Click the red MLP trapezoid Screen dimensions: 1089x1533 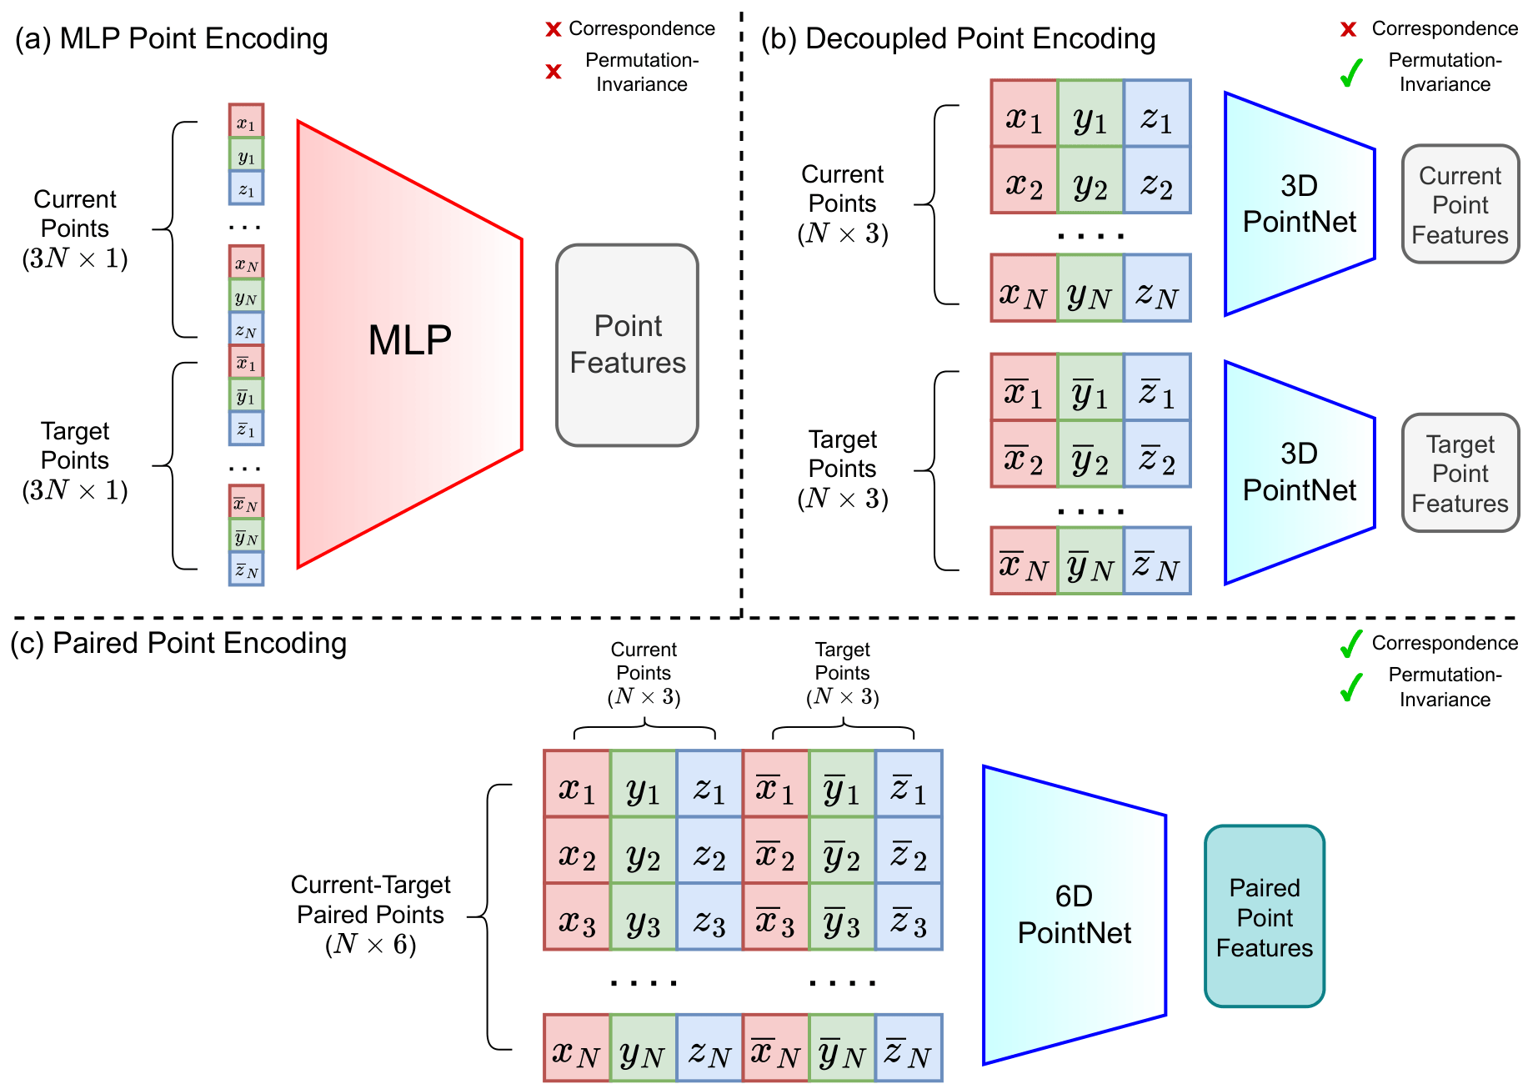pyautogui.click(x=408, y=342)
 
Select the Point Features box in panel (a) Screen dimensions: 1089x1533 pyautogui.click(x=627, y=344)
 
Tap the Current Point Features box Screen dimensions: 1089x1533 pyautogui.click(x=1460, y=204)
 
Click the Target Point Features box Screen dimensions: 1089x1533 pyautogui.click(x=1460, y=473)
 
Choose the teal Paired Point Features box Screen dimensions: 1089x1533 pyautogui.click(x=1264, y=916)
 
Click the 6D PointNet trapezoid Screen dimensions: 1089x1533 pyautogui.click(x=1074, y=915)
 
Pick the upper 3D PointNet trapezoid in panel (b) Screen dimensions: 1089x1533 pyautogui.click(x=1299, y=204)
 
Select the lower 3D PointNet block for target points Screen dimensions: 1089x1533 pyautogui.click(x=1299, y=473)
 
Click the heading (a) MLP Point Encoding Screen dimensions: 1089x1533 pyautogui.click(x=171, y=38)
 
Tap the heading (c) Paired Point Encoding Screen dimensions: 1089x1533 pyautogui.click(x=178, y=643)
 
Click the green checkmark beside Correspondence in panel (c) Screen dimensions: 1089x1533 pyautogui.click(x=1350, y=643)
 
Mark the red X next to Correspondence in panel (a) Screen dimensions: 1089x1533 pyautogui.click(x=553, y=30)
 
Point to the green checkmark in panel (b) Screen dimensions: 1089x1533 pyautogui.click(x=1350, y=73)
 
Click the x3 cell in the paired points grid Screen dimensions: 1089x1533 pyautogui.click(x=577, y=917)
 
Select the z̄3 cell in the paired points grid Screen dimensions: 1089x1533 pyautogui.click(x=909, y=917)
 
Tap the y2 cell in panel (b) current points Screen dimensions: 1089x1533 pyautogui.click(x=1090, y=180)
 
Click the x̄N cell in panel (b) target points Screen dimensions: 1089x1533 pyautogui.click(x=1024, y=561)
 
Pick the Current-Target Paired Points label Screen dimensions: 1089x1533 pyautogui.click(x=370, y=914)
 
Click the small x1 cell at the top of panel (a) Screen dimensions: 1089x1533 pyautogui.click(x=246, y=121)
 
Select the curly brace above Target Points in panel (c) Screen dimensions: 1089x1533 pyautogui.click(x=843, y=730)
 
